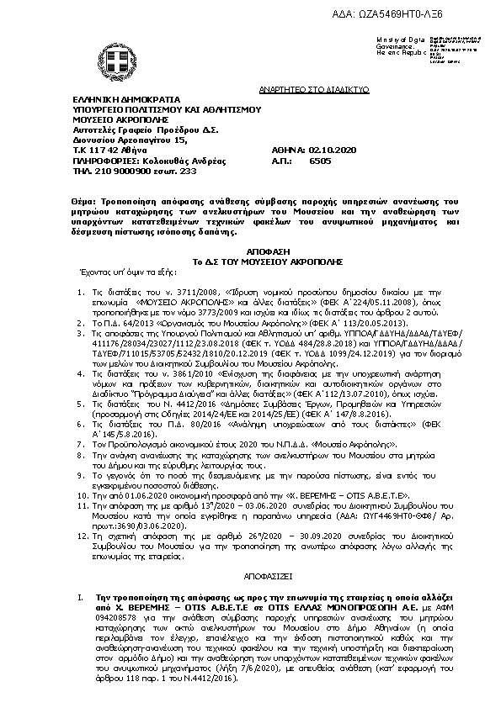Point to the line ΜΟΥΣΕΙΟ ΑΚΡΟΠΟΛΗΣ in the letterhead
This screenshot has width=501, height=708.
coord(116,119)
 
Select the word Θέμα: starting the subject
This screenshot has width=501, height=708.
coord(86,203)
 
